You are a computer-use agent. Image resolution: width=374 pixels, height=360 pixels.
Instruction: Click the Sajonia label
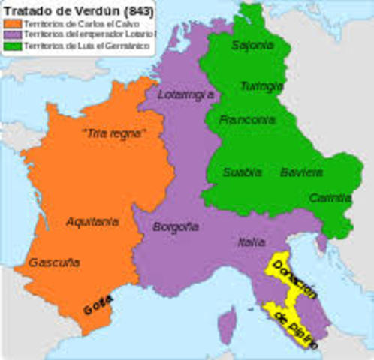tap(252, 45)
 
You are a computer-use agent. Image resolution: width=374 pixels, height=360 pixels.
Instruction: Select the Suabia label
tap(242, 172)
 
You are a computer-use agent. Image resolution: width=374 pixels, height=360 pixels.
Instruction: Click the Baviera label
tap(301, 172)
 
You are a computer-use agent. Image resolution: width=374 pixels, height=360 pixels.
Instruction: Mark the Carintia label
tap(330, 198)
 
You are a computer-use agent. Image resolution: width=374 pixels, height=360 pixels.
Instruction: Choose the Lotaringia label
tap(186, 94)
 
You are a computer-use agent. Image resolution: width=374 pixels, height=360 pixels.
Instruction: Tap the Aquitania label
tap(92, 221)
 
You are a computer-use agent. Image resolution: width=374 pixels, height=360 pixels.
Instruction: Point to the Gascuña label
tap(54, 262)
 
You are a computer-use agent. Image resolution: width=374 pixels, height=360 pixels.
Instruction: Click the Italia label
tap(252, 241)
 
